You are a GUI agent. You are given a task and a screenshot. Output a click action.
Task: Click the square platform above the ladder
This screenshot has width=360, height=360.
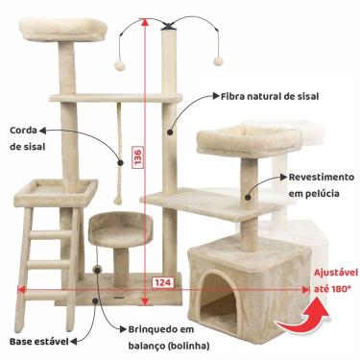click(x=57, y=192)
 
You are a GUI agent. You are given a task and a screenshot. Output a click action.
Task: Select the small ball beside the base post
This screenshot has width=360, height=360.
click(x=99, y=274)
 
